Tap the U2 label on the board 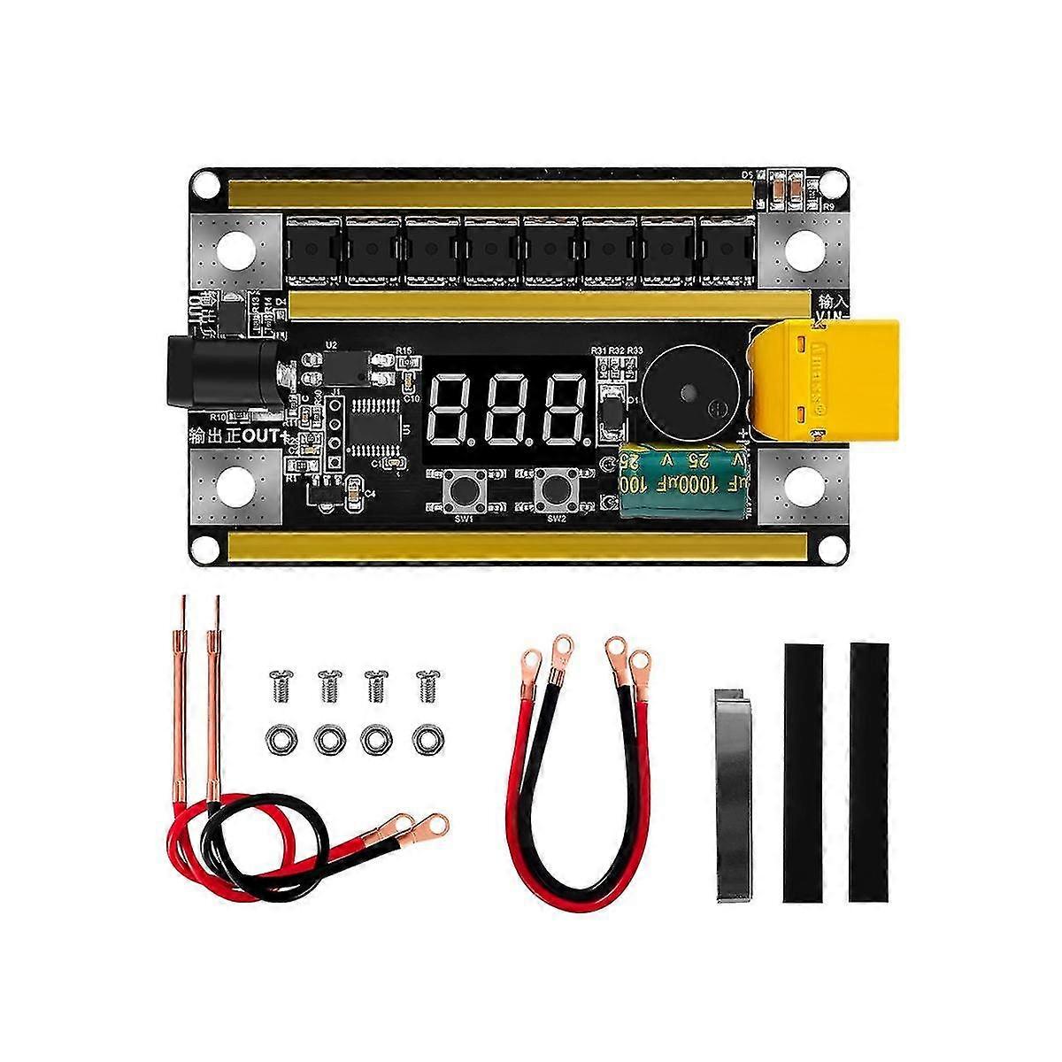click(332, 344)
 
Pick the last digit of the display click(563, 410)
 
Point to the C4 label click(370, 493)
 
